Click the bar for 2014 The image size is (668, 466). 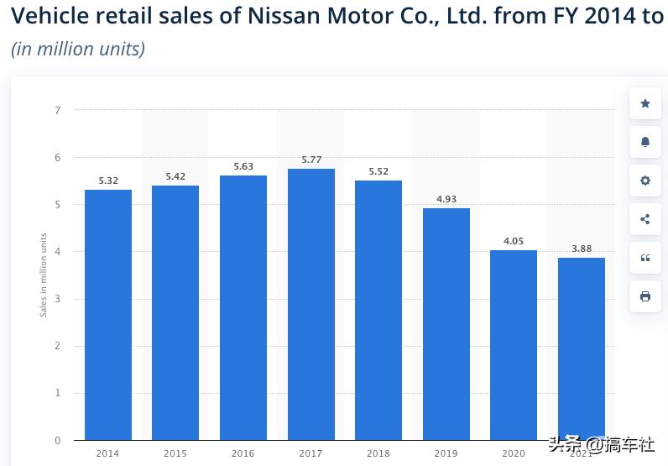(108, 315)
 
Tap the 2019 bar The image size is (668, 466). (446, 324)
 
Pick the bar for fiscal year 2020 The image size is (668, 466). (514, 344)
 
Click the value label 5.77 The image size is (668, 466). (311, 160)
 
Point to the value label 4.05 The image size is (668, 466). (514, 241)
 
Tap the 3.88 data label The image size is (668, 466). (581, 249)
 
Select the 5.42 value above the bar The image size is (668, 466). (175, 176)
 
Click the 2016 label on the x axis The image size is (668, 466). (243, 453)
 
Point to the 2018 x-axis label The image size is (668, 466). (378, 453)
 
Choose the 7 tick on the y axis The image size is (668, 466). (58, 111)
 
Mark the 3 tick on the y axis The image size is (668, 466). (58, 299)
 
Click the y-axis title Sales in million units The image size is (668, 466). (44, 275)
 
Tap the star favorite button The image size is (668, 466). (645, 103)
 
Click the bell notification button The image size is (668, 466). (645, 142)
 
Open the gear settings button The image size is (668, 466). (645, 181)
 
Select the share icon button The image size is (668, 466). (645, 219)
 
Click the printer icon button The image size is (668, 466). (645, 296)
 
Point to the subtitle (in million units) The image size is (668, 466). (78, 49)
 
